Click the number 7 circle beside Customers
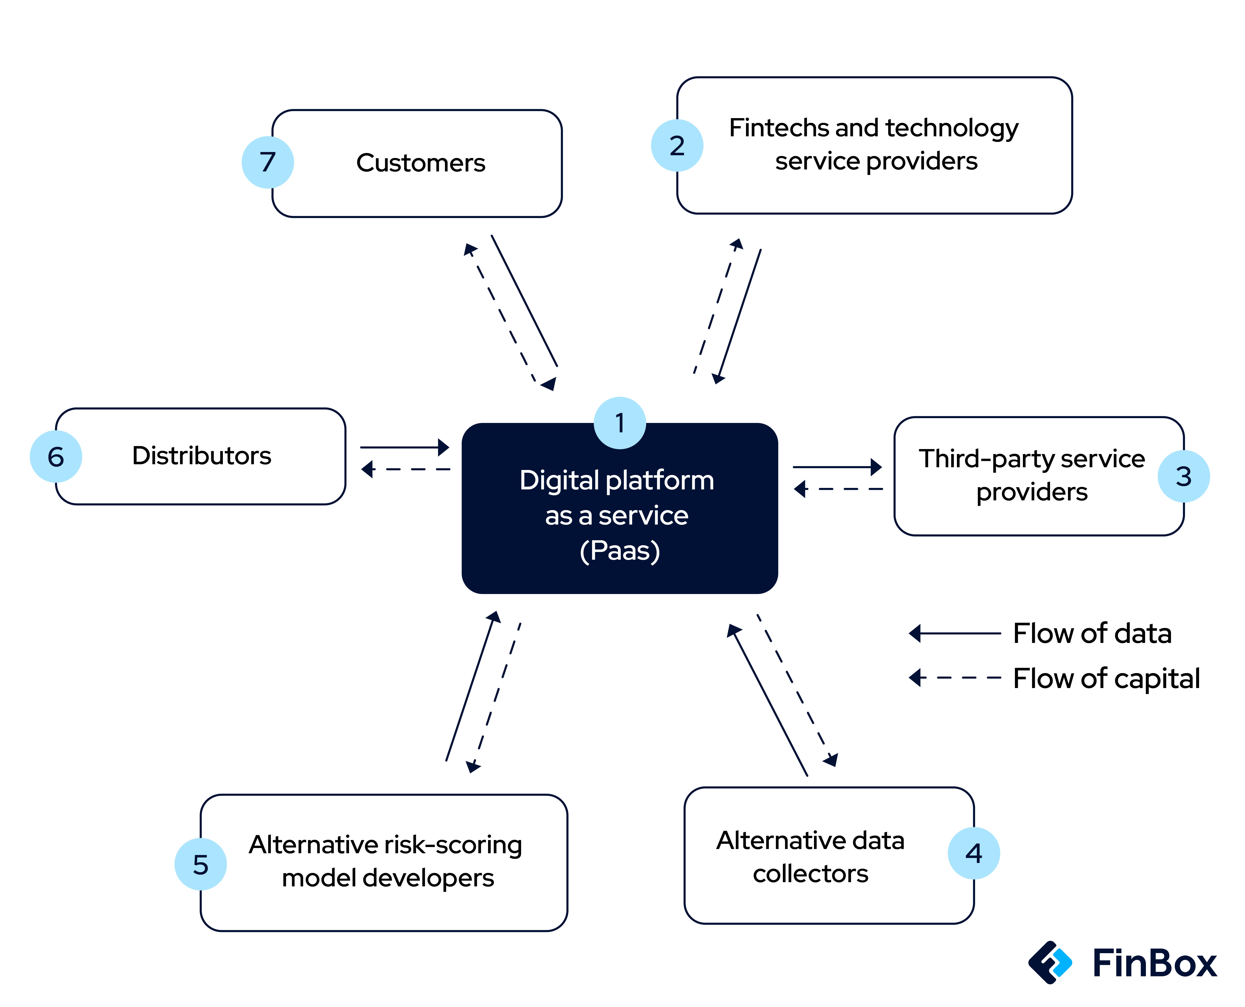[x=267, y=162]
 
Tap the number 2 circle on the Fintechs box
[x=677, y=146]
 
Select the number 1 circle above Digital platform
[x=620, y=423]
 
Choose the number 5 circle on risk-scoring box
[x=200, y=864]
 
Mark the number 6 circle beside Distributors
[x=56, y=457]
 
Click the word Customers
[x=421, y=163]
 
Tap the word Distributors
[x=202, y=456]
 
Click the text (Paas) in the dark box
[x=620, y=550]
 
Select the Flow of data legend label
[x=1092, y=633]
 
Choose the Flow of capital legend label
[x=1106, y=678]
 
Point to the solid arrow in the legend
[x=955, y=633]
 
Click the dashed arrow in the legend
[x=955, y=678]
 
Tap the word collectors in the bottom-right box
[x=810, y=874]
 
